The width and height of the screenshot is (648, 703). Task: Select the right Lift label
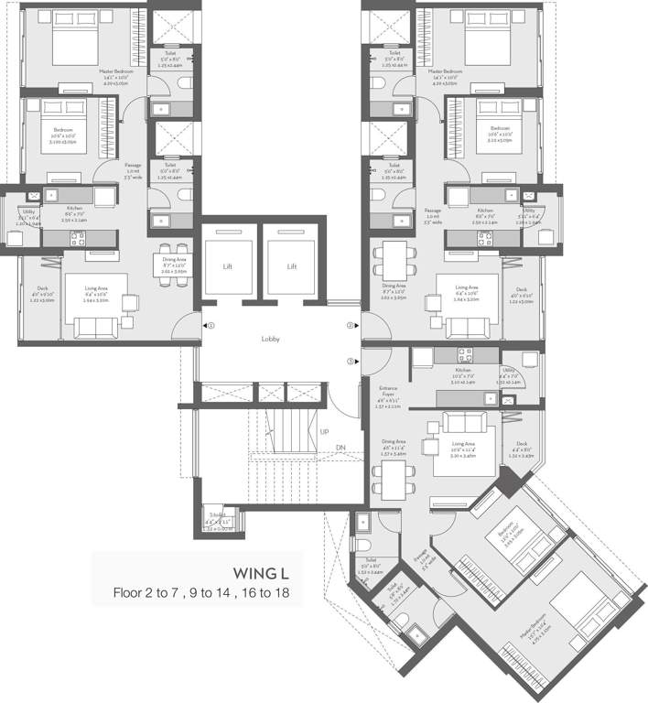(x=292, y=266)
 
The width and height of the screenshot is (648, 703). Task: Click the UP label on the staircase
(x=324, y=430)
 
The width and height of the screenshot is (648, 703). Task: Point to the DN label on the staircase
(x=340, y=447)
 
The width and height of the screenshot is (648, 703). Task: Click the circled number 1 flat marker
(x=211, y=325)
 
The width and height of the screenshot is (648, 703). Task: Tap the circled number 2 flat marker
(x=350, y=325)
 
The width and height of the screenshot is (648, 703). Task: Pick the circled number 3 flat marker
(x=350, y=361)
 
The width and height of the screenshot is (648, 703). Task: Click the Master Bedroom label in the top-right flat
(x=448, y=70)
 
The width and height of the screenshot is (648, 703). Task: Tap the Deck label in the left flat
(x=41, y=288)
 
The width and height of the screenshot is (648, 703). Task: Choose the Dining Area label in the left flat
(x=174, y=260)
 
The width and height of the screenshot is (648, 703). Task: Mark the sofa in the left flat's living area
(x=95, y=328)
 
